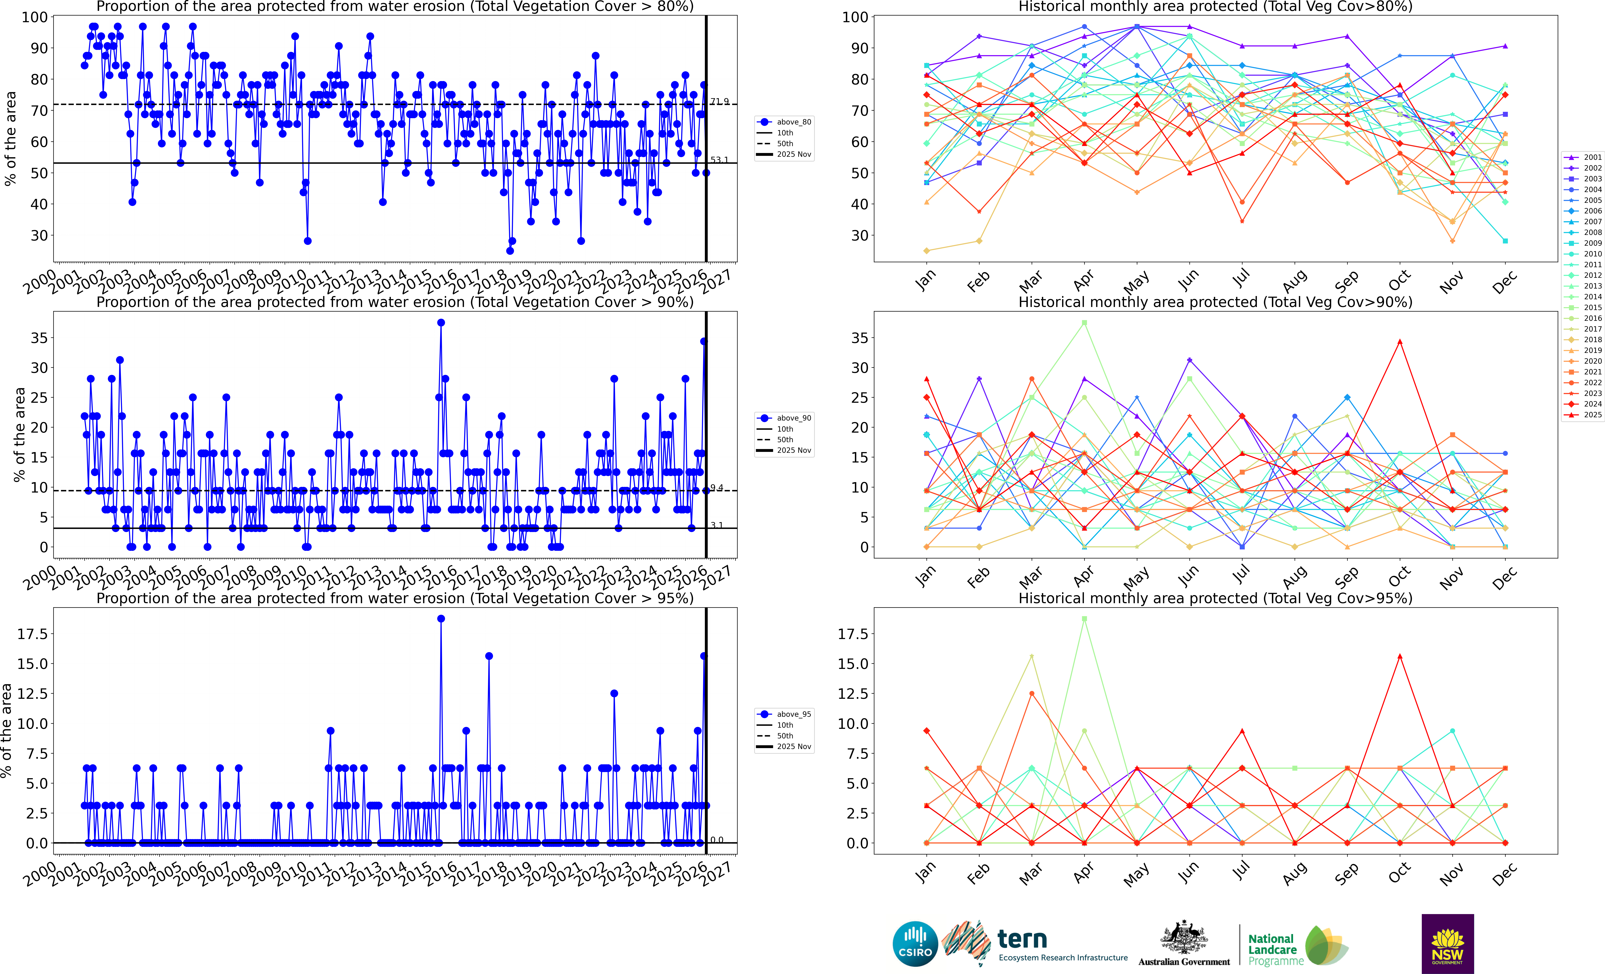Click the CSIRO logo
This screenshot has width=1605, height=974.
click(x=915, y=943)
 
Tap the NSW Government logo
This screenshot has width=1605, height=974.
click(x=1447, y=943)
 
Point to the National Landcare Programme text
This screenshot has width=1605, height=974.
click(x=1275, y=949)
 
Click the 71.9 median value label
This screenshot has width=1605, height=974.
click(x=719, y=102)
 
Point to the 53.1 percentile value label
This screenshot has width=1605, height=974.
click(x=719, y=160)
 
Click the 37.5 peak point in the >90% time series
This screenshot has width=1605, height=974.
click(x=441, y=323)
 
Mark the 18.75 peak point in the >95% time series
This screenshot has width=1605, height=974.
click(x=441, y=619)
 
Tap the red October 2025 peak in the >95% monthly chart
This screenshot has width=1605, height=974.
click(x=1400, y=656)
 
